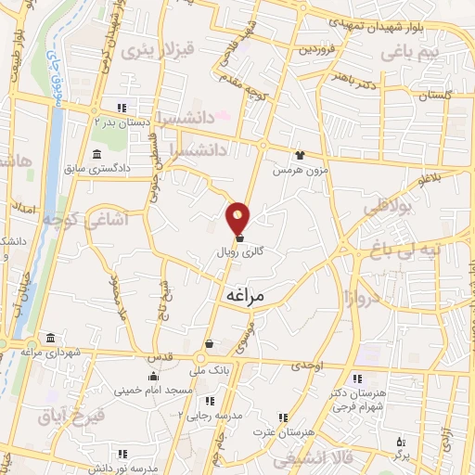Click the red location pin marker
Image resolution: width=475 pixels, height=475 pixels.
tap(238, 219)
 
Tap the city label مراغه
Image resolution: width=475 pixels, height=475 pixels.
tap(245, 294)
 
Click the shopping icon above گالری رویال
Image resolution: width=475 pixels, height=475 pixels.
tap(240, 237)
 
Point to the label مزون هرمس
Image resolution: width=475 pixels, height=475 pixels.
tap(294, 171)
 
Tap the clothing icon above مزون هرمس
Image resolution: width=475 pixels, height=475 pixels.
tap(299, 156)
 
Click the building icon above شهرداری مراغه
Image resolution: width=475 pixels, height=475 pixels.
tap(49, 338)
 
